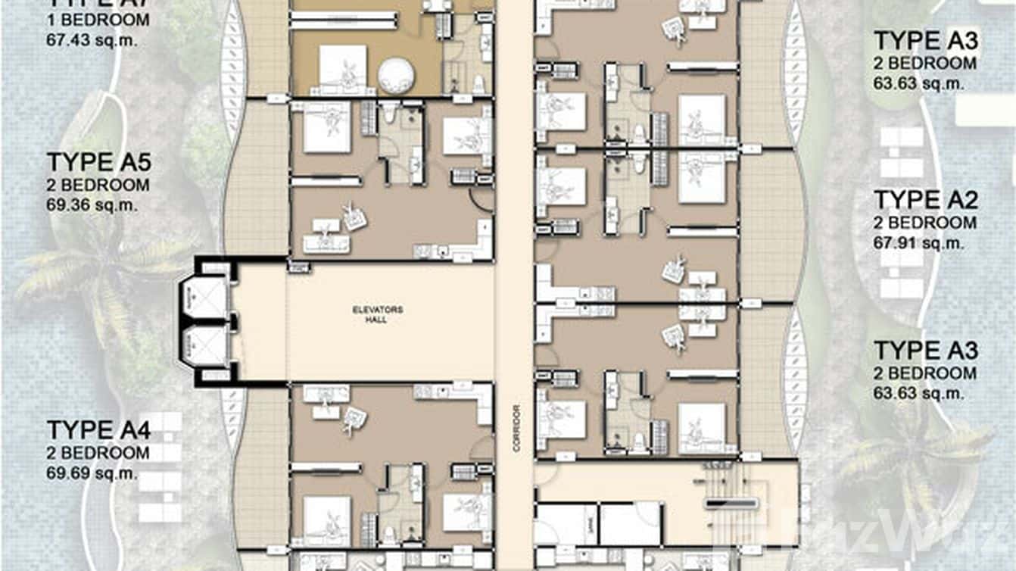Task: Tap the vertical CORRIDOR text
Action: coord(516,428)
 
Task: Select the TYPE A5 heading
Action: coord(98,163)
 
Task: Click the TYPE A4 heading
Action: coord(98,430)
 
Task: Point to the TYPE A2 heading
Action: coord(925,200)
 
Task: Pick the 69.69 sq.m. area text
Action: coord(92,473)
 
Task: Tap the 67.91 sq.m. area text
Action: coord(918,243)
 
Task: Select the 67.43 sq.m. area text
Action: coord(92,40)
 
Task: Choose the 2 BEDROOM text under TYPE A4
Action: coord(98,453)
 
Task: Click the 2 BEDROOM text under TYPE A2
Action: coord(924,223)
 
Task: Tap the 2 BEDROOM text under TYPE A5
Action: coord(98,185)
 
